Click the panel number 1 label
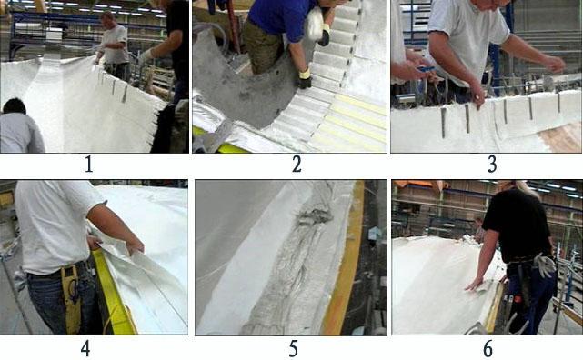coord(88,164)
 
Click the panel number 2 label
coord(297,164)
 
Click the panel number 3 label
coord(492,164)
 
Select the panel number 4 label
coord(85,348)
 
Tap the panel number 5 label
coord(294,349)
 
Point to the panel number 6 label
coord(488,349)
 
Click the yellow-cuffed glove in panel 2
coord(305,78)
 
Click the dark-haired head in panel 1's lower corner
coord(15,106)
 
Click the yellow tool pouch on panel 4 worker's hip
coord(71,297)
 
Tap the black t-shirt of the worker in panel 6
coord(518,226)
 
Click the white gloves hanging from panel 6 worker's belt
coord(544,265)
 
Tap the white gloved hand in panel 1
coord(146,56)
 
